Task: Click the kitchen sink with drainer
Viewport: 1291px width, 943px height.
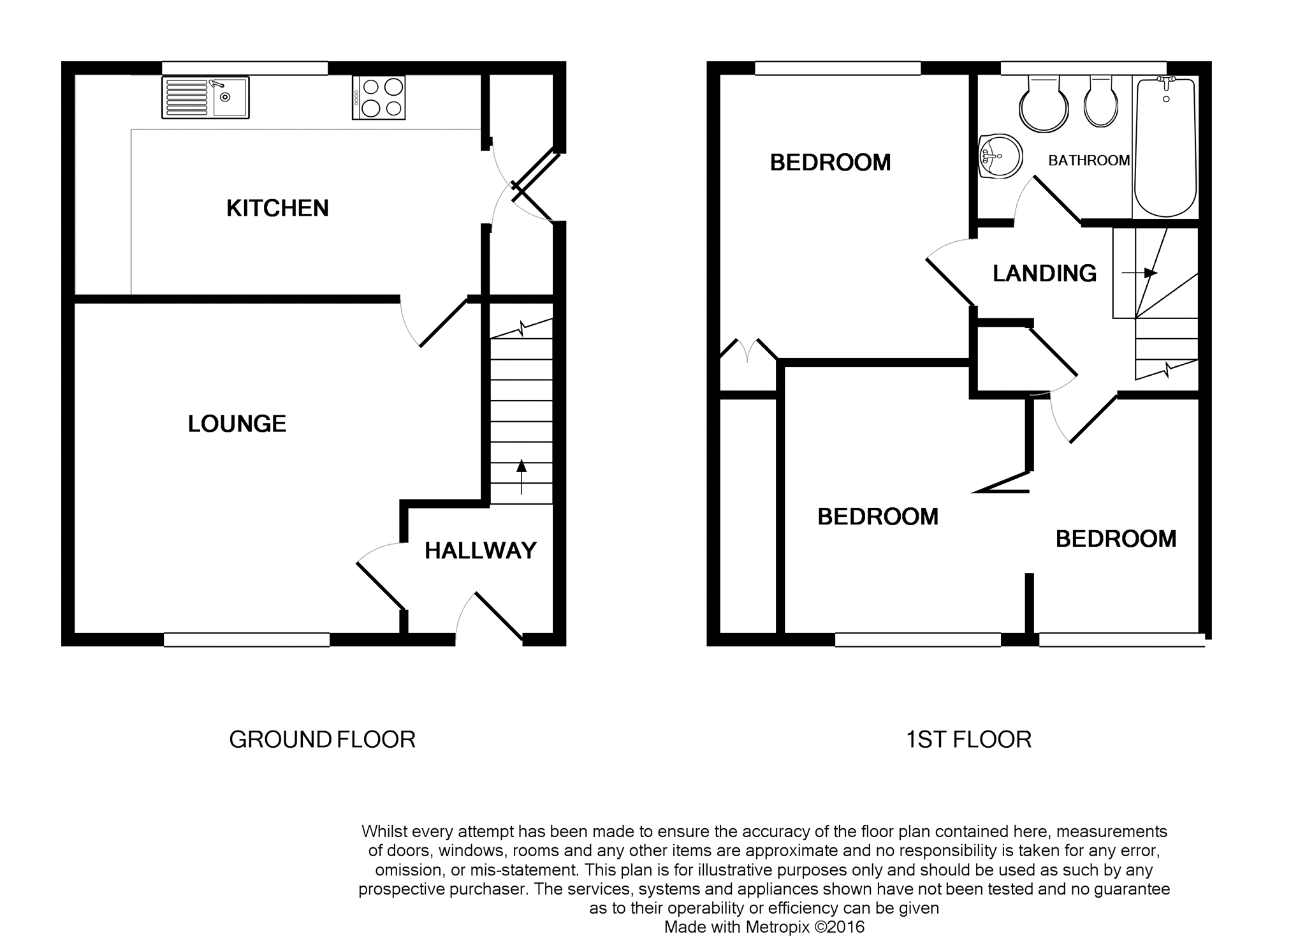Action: [x=205, y=98]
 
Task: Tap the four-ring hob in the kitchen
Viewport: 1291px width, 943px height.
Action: [x=379, y=98]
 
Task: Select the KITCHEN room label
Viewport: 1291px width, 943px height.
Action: [x=277, y=208]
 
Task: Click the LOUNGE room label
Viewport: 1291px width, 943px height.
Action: [x=237, y=424]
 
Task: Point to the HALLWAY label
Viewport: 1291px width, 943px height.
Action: [x=481, y=551]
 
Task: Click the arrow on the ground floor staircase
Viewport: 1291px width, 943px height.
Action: [x=522, y=477]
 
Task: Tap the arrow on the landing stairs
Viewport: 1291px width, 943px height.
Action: [x=1140, y=273]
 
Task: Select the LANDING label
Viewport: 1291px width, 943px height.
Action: [x=1045, y=274]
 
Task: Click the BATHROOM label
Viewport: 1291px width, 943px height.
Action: [x=1089, y=161]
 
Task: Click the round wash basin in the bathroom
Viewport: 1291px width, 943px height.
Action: [x=1000, y=156]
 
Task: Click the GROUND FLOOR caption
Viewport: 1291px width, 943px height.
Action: [x=322, y=739]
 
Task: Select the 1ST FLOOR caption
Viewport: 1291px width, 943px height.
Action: [x=968, y=739]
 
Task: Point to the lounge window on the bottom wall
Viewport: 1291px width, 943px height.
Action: [x=247, y=640]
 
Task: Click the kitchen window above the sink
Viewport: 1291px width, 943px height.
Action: [x=245, y=68]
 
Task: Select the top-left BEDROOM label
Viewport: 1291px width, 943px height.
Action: [x=830, y=163]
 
